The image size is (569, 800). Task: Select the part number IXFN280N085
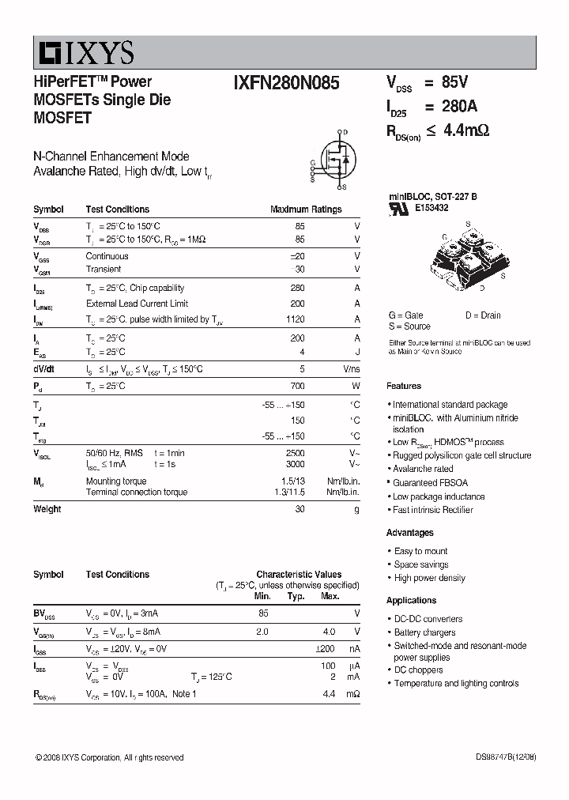pyautogui.click(x=286, y=83)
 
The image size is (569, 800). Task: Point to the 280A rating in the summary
pyautogui.click(x=459, y=107)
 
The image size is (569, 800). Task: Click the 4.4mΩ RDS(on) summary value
pyautogui.click(x=465, y=130)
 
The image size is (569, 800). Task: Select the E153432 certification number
pyautogui.click(x=431, y=208)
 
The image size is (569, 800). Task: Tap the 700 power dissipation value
pyautogui.click(x=297, y=386)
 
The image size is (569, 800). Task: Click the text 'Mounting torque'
pyautogui.click(x=115, y=481)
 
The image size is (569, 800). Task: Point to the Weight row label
pyautogui.click(x=47, y=509)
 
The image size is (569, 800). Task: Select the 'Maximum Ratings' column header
pyautogui.click(x=306, y=209)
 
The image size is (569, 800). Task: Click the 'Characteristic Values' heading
pyautogui.click(x=299, y=575)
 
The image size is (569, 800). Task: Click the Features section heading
pyautogui.click(x=404, y=386)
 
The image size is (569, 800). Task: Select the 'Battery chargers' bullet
pyautogui.click(x=424, y=632)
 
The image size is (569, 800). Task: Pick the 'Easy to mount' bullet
pyautogui.click(x=420, y=551)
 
